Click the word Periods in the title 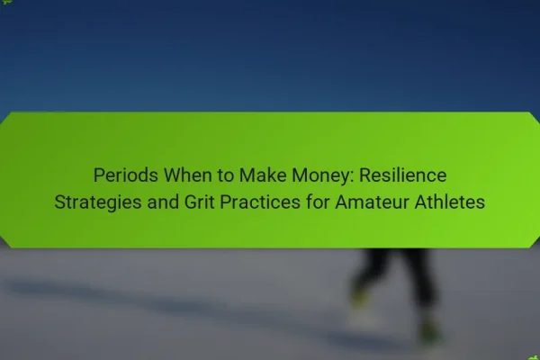[126, 175]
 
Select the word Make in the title [263, 175]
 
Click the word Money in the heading [320, 175]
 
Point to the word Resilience [403, 175]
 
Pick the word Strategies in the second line [98, 202]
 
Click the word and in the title [163, 202]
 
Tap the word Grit [200, 202]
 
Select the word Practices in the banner [260, 202]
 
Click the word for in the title [318, 202]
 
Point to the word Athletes [450, 202]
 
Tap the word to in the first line [225, 175]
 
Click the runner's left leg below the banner [368, 272]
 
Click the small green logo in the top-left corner [6, 2]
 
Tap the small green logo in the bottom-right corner [534, 357]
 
